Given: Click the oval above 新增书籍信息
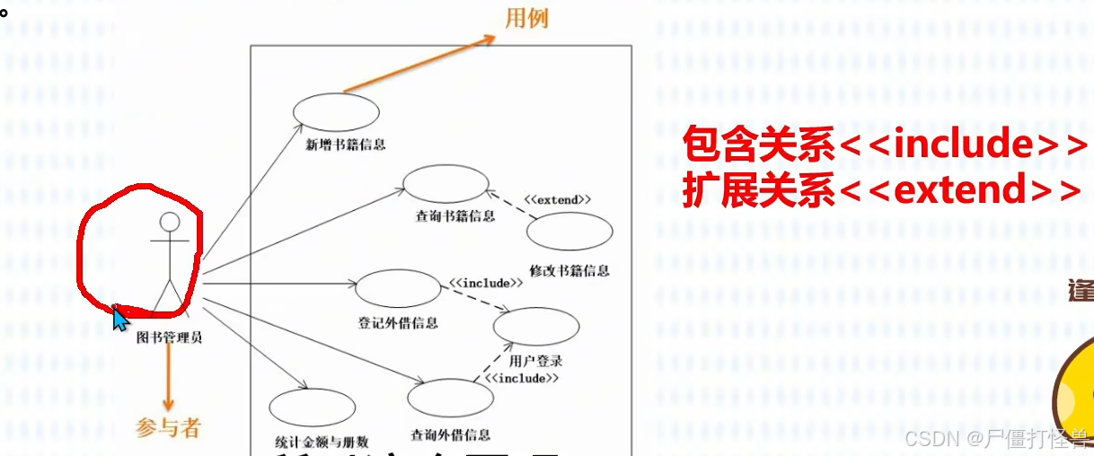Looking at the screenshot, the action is click(x=336, y=112).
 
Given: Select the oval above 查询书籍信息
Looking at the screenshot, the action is click(x=445, y=184).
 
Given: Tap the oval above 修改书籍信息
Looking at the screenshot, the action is click(x=569, y=231).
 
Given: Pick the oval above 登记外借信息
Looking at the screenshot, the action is click(x=397, y=288).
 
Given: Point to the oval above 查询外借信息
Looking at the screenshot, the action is click(x=451, y=397).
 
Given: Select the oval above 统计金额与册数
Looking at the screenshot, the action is click(x=312, y=407).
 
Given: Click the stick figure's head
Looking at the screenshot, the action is click(x=170, y=222).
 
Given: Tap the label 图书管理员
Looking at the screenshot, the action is click(x=169, y=338).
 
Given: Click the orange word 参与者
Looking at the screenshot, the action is click(x=168, y=428).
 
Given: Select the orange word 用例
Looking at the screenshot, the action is click(x=526, y=18).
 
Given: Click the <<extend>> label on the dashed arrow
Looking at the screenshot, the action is click(x=558, y=199).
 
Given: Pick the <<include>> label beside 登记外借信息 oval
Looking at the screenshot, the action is click(x=486, y=283).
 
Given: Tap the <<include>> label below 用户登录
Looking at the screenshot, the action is click(x=522, y=378).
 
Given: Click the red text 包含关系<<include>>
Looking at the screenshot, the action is click(x=884, y=144).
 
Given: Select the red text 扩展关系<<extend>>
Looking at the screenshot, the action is click(x=880, y=190).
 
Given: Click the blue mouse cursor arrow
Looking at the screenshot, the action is click(x=119, y=318).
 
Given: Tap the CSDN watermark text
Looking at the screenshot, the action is click(x=997, y=439).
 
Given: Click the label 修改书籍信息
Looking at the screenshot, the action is click(x=569, y=270).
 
